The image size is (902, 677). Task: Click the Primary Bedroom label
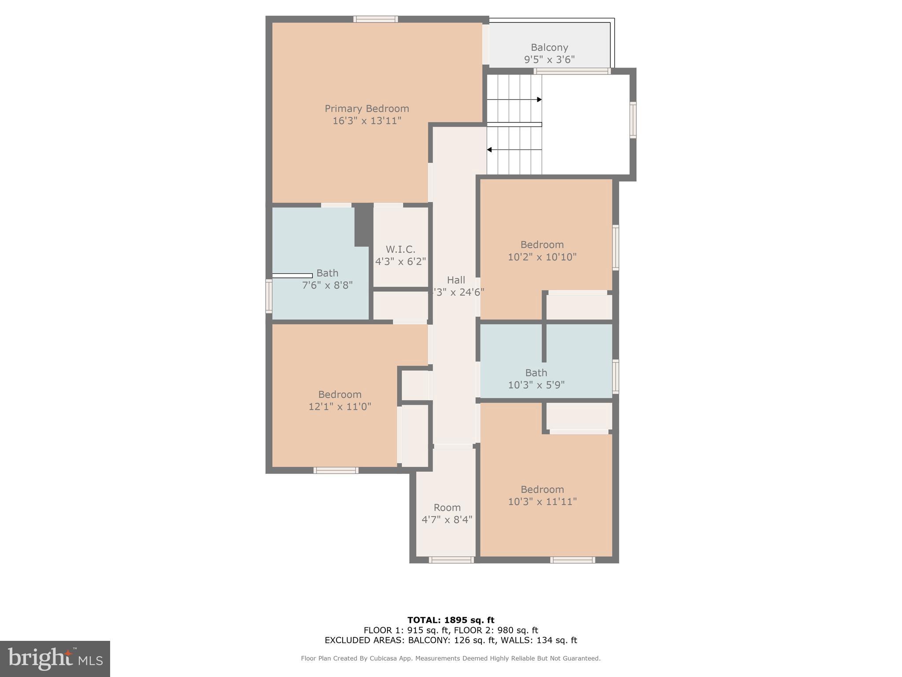[366, 108]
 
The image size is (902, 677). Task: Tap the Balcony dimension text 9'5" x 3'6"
[549, 60]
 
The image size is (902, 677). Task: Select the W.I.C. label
[400, 249]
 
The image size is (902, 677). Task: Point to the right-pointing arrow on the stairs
[539, 100]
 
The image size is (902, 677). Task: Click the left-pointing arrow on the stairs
[489, 150]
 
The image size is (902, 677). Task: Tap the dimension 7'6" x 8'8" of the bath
[327, 285]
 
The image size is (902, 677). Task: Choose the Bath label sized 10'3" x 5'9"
[536, 372]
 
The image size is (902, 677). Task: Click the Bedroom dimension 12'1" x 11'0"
[340, 406]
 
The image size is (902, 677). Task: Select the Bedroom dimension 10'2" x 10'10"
[542, 257]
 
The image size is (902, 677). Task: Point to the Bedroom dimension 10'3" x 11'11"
[542, 502]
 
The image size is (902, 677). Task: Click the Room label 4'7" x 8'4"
[447, 507]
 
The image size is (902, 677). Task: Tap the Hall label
[456, 280]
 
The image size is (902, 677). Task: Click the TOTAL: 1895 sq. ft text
[451, 620]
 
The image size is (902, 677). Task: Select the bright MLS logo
[55, 658]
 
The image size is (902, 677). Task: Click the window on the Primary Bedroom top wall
[376, 19]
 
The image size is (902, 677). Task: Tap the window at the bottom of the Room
[451, 560]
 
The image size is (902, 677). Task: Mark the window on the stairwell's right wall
[633, 120]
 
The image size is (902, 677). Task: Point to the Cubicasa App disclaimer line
[451, 658]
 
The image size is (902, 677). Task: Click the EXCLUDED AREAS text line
[451, 640]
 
